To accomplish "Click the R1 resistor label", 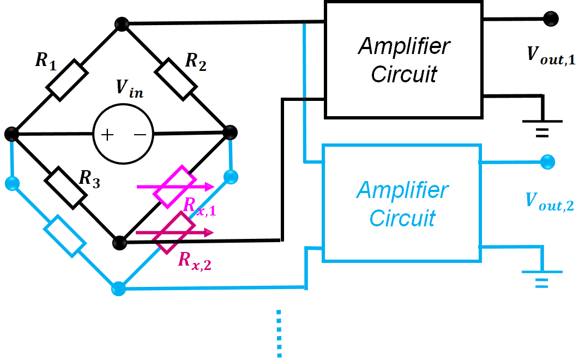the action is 46,61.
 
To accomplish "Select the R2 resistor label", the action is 196,62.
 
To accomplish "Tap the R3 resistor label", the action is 89,178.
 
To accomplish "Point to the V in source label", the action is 129,89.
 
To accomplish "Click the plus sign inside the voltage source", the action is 107,135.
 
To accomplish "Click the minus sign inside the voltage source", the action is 140,134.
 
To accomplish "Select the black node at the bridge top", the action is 122,24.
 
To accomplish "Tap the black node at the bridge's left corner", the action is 11,134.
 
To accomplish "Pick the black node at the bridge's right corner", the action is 230,133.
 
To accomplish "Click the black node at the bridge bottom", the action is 120,243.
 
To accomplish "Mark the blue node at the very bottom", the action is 119,289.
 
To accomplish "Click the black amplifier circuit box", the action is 403,60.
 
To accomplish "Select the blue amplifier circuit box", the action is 402,203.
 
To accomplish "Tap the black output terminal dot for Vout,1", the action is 551,19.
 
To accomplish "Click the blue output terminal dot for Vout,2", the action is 547,162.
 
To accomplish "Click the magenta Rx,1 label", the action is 200,206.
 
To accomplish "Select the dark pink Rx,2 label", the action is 195,261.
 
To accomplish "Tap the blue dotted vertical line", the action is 279,333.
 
